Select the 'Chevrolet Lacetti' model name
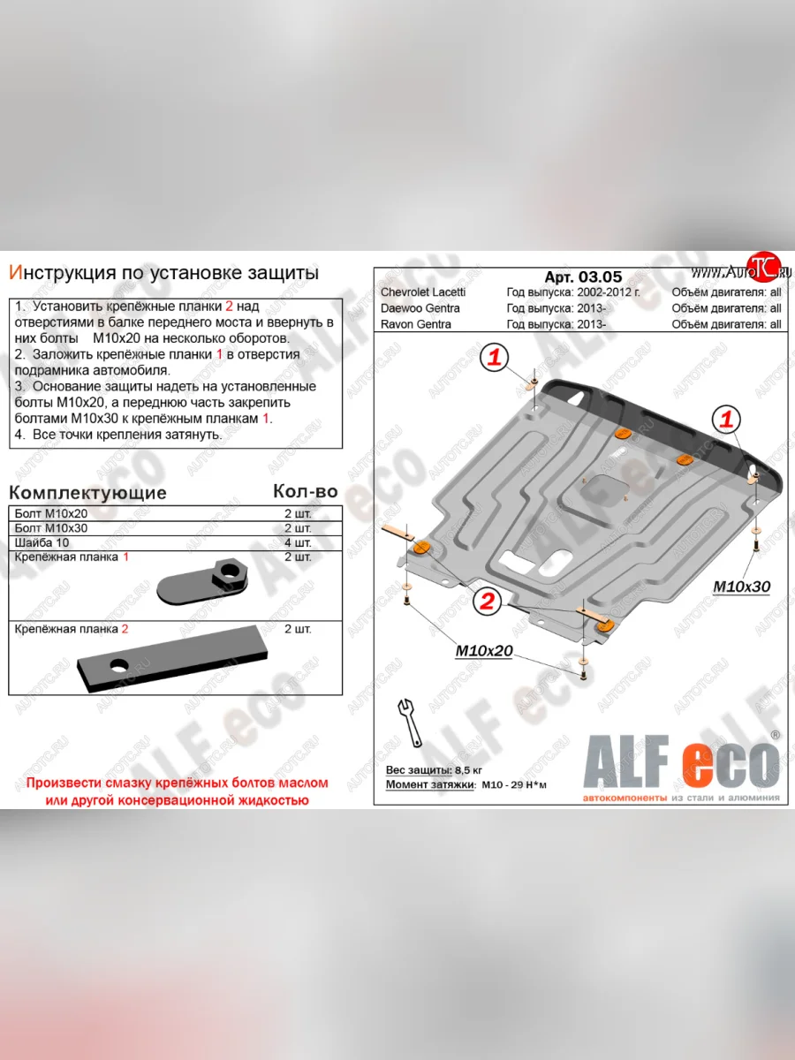[423, 292]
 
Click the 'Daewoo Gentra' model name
[420, 308]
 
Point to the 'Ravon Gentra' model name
[415, 324]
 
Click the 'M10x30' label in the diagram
[743, 587]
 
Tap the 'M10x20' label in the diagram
[483, 651]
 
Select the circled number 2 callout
[485, 602]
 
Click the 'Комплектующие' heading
[87, 492]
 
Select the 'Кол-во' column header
[306, 491]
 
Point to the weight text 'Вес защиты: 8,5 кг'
[435, 770]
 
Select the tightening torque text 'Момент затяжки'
[430, 784]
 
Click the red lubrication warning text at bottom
[177, 791]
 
